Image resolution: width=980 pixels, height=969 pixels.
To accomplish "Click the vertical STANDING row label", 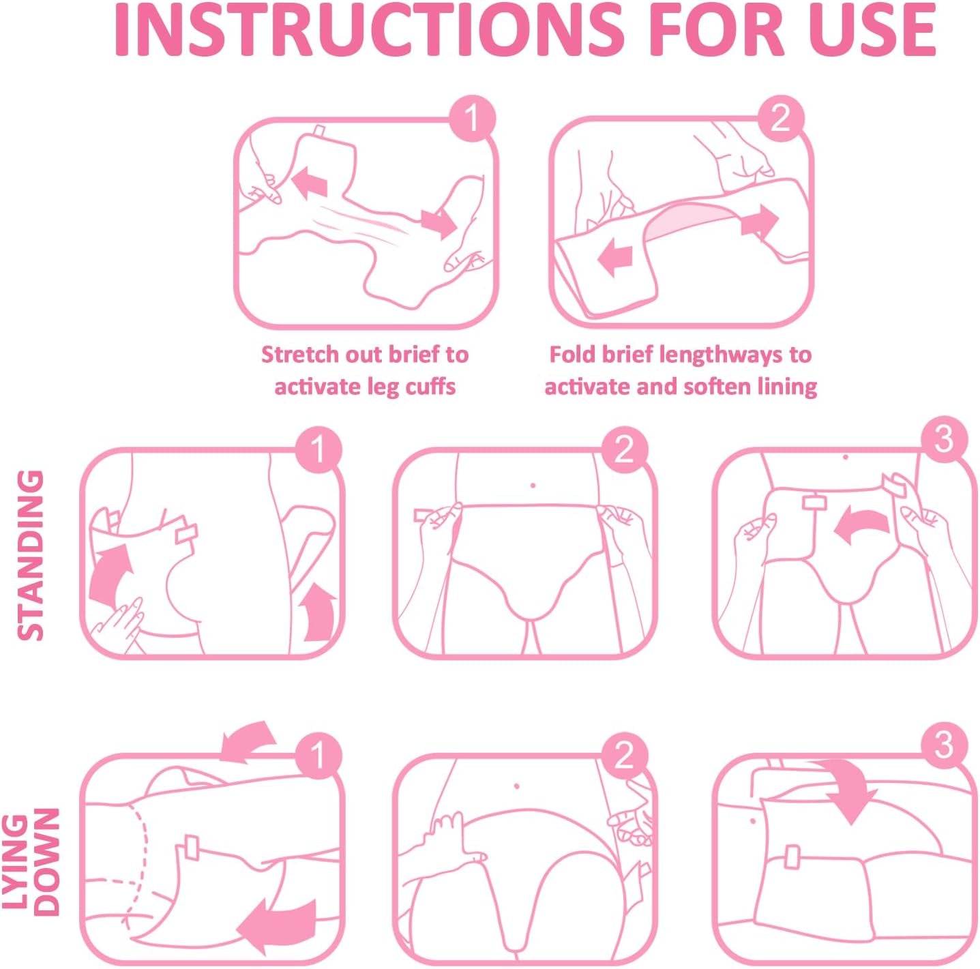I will click(x=31, y=555).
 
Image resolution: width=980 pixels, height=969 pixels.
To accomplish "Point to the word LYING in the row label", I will click(x=15, y=862).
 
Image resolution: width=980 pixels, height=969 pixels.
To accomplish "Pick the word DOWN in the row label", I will click(x=46, y=862).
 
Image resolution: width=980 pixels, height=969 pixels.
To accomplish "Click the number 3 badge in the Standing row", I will click(x=943, y=439).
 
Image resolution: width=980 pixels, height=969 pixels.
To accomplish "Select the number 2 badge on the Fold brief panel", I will click(x=780, y=119).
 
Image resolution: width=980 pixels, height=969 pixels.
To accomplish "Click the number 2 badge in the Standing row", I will click(x=624, y=450).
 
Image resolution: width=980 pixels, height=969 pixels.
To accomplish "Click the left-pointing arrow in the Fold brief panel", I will click(x=615, y=258).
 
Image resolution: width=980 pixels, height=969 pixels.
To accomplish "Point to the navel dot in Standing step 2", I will click(x=533, y=486).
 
